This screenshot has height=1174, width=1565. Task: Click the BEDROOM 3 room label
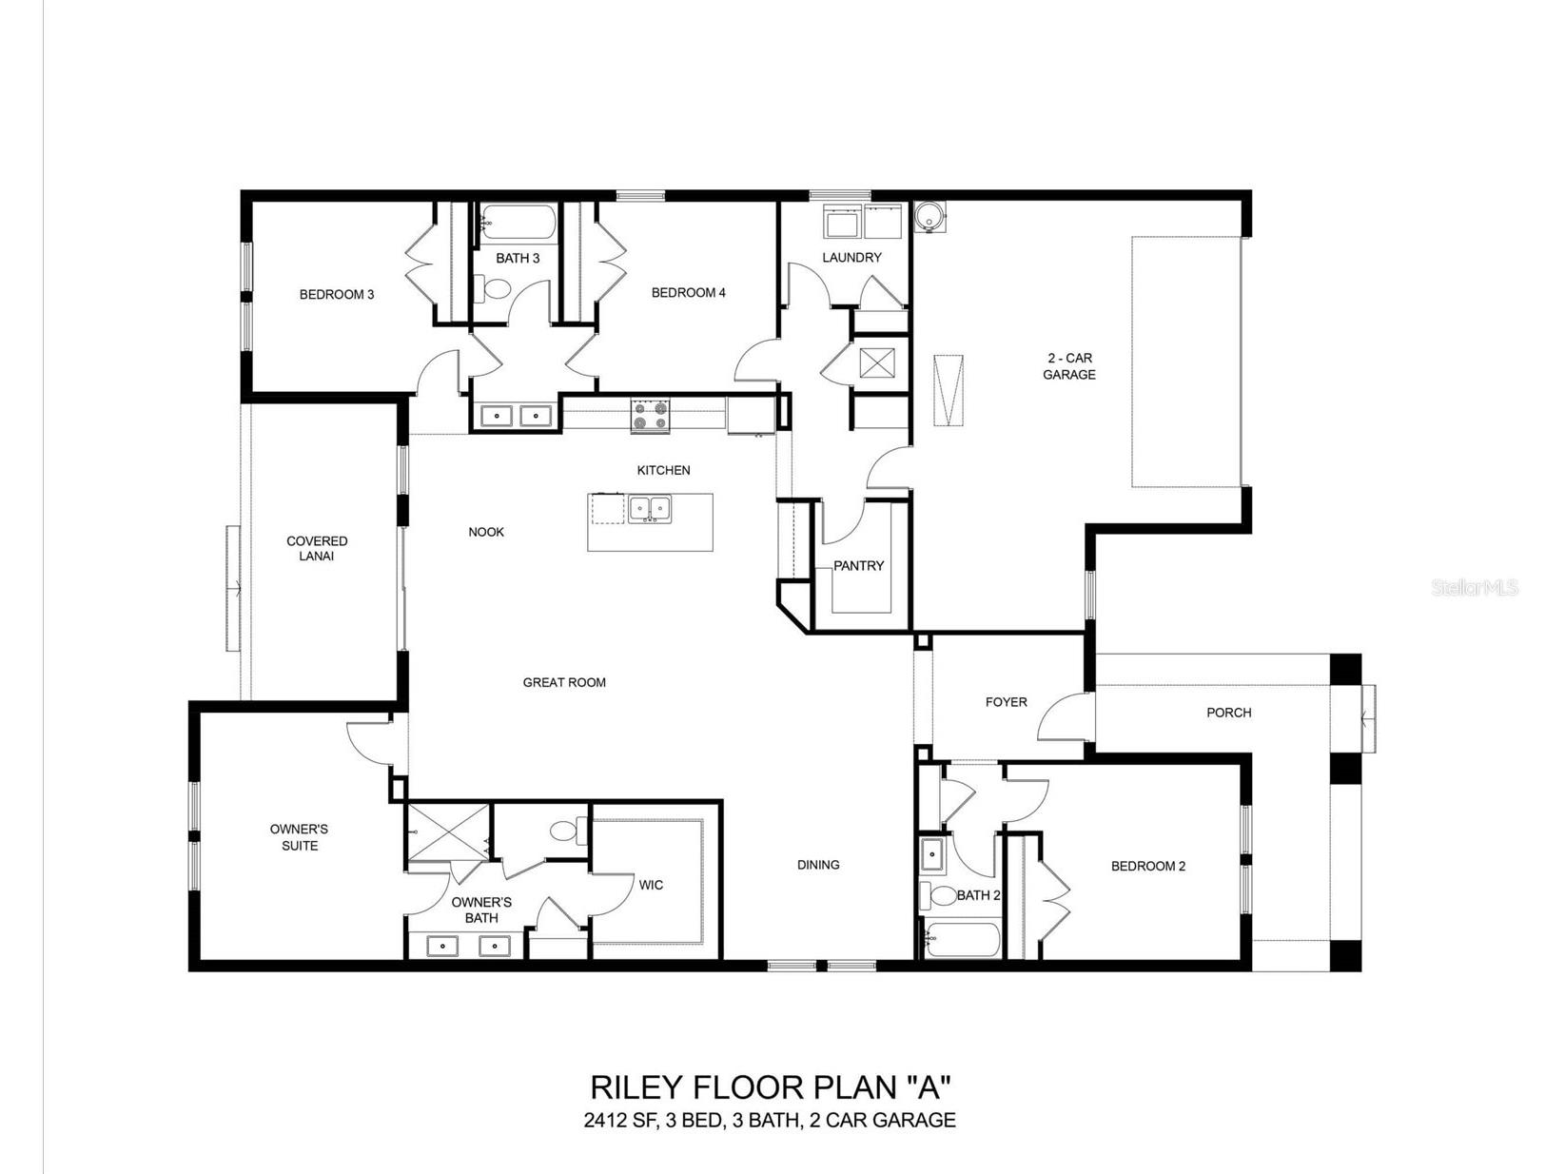[337, 294]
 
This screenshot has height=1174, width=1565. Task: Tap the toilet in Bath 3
[493, 288]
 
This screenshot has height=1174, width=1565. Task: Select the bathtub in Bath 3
[518, 223]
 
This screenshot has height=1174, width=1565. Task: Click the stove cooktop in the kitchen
[650, 416]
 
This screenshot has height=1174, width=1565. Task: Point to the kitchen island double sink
[650, 509]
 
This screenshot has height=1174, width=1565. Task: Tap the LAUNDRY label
[851, 257]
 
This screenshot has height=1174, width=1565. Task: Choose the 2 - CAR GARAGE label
[1068, 366]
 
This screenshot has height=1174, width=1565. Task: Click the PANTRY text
[858, 565]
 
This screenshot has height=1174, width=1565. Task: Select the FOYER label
[1006, 702]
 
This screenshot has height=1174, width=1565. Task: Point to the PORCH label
[1228, 712]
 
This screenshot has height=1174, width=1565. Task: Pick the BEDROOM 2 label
[1148, 866]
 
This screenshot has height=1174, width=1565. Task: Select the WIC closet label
[650, 885]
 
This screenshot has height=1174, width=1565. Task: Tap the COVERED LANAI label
[317, 548]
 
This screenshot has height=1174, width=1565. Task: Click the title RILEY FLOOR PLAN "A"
[770, 1087]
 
